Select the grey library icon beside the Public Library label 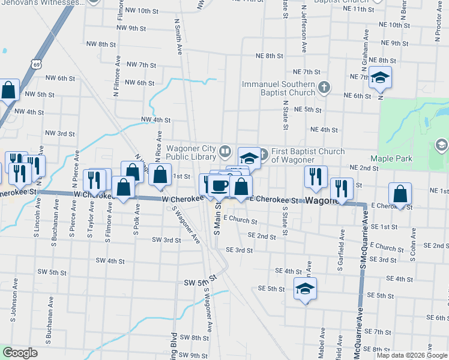point(225,150)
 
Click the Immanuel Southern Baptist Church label point(279,88)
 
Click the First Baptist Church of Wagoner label point(308,155)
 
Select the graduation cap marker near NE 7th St point(379,79)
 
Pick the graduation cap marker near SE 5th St point(305,289)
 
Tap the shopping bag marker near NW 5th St point(8,91)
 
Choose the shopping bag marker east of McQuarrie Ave point(400,193)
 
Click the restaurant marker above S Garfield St point(342,188)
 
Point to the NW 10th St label point(136,11)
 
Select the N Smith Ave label point(178,37)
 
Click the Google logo point(20,353)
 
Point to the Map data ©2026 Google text point(412,355)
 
